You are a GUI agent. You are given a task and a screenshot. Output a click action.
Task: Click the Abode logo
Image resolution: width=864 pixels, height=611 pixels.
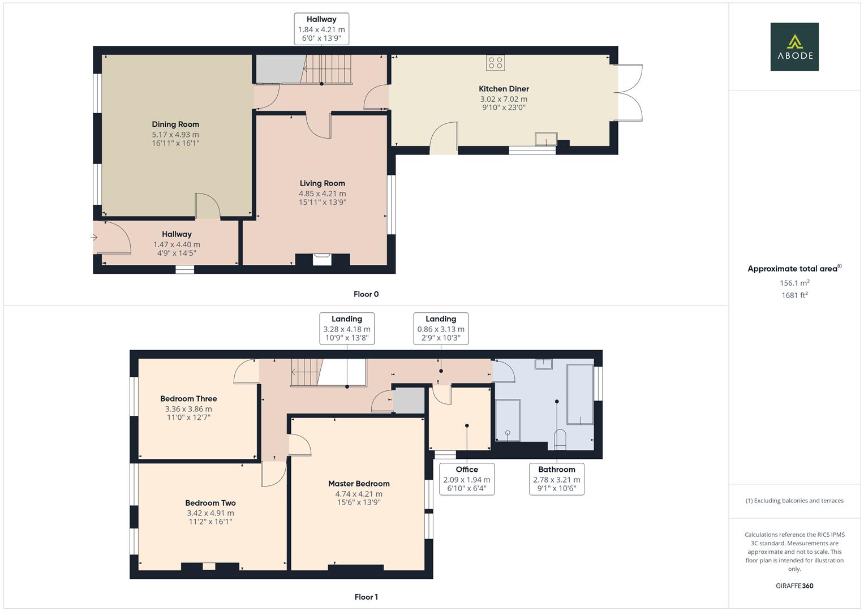pos(794,46)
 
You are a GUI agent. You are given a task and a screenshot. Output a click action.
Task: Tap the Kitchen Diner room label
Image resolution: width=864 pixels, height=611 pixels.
pos(504,89)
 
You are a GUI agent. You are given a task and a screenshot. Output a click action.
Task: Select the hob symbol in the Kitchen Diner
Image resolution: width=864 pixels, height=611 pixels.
pos(496,63)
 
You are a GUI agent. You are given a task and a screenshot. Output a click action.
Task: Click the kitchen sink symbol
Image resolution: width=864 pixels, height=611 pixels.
pos(546,139)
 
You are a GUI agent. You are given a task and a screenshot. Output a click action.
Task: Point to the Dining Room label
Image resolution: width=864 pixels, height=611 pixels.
pos(175,124)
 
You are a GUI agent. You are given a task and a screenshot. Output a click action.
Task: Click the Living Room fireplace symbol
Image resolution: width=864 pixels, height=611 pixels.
pos(323,259)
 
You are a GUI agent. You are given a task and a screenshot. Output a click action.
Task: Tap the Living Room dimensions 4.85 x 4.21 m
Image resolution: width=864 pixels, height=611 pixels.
pos(323,193)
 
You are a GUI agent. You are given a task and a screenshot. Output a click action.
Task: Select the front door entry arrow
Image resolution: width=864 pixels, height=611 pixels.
pos(94,238)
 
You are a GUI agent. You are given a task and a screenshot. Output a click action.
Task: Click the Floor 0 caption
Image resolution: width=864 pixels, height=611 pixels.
pos(366,294)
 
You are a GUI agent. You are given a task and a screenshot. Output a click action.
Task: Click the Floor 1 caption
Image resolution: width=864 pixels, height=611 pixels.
pos(366,597)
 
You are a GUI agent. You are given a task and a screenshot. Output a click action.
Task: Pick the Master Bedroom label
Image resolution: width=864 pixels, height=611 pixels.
pos(359,484)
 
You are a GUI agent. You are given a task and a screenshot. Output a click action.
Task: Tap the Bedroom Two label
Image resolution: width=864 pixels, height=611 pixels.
pos(210,503)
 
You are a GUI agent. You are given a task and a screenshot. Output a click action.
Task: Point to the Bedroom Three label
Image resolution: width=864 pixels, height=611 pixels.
pos(188,399)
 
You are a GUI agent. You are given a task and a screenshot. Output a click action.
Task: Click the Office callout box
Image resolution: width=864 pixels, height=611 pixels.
pos(467,479)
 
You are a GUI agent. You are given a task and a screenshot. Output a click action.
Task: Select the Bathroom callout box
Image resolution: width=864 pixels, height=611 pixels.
pos(557,479)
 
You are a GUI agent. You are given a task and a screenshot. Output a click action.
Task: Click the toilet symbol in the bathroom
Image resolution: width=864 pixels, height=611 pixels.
pos(560,439)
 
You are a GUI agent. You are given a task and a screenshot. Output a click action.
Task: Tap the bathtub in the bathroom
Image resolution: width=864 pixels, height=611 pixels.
pos(580,394)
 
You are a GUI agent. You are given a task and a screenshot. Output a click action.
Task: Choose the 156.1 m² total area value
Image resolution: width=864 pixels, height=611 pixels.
pos(794,283)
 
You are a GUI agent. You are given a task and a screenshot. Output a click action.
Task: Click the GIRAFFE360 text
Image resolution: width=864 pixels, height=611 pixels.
pos(794,586)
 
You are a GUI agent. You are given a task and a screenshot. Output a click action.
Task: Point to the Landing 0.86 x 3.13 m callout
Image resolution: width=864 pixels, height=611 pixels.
pos(441,328)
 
